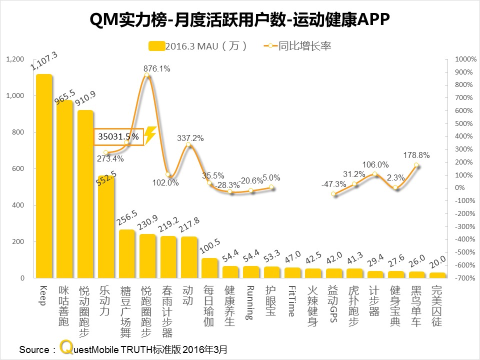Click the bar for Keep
(44, 175)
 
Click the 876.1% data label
(156, 69)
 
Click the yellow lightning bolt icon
(150, 135)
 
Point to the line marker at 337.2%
(188, 145)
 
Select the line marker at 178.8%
(416, 165)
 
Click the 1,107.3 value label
(44, 61)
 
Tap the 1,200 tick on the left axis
(15, 59)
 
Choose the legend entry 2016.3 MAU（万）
(205, 46)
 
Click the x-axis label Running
(250, 303)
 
